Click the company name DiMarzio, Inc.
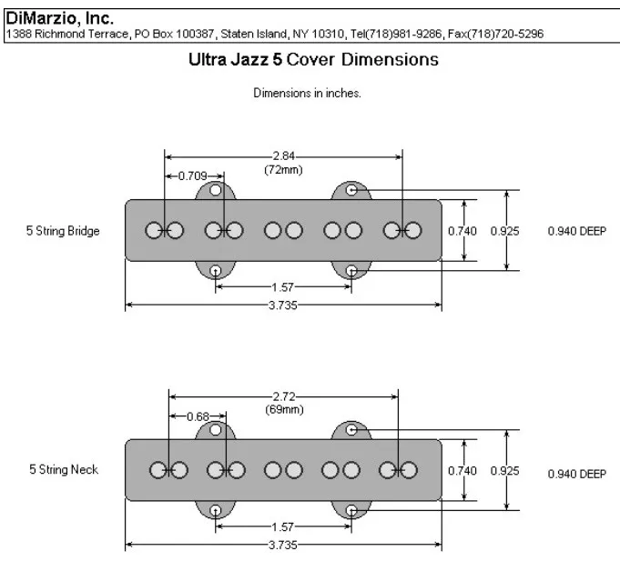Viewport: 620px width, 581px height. (60, 17)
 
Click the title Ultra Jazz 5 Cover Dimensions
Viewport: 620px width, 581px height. (312, 60)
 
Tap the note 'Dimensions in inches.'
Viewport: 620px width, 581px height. (307, 94)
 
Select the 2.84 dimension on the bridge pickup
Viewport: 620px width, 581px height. (283, 156)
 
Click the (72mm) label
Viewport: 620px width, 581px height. (283, 169)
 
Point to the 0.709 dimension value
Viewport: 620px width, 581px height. (191, 175)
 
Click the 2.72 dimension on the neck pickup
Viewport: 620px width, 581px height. (283, 396)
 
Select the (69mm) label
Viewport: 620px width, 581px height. (283, 409)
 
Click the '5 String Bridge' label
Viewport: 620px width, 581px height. (63, 231)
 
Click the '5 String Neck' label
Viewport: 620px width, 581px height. (62, 470)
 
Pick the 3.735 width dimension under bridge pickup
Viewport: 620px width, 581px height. (283, 306)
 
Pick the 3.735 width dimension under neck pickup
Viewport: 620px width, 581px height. (283, 545)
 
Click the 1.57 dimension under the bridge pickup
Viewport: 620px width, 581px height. (283, 286)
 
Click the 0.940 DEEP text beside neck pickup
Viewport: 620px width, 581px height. (576, 474)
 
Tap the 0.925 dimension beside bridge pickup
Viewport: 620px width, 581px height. (504, 231)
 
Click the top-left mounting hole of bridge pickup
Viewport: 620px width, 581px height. (216, 190)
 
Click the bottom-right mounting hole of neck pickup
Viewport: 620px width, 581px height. (352, 510)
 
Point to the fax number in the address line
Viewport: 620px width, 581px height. (518, 35)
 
